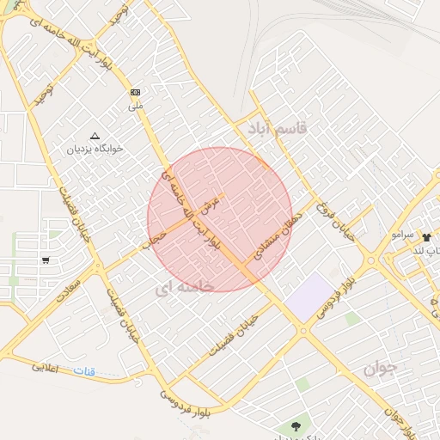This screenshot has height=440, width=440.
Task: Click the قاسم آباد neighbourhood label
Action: tap(277, 129)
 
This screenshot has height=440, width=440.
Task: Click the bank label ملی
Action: tap(135, 106)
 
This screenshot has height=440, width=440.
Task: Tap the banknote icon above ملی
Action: tap(135, 92)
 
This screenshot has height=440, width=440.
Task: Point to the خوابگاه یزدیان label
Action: tap(95, 149)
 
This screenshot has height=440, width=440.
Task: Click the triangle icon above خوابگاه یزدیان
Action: tap(95, 136)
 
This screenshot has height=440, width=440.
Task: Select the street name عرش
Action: tap(211, 204)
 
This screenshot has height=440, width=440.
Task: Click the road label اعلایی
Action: tap(46, 367)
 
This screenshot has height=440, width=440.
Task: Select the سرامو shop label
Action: tap(402, 235)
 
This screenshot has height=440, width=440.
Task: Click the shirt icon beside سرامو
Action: tap(425, 235)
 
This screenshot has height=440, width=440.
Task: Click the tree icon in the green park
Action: tap(296, 425)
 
